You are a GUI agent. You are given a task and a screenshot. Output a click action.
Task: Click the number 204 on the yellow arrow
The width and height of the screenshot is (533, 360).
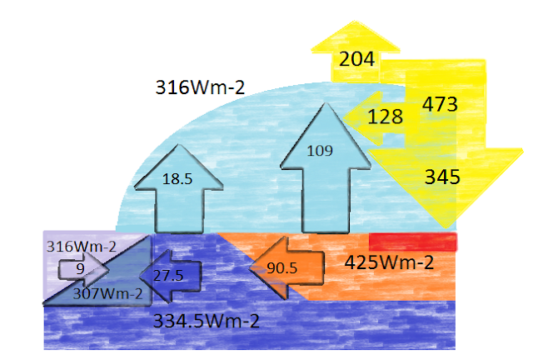(x=357, y=58)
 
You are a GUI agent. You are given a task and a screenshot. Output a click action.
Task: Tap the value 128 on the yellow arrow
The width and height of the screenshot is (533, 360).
(x=384, y=117)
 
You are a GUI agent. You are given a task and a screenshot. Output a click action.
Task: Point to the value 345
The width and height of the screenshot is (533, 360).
(x=441, y=176)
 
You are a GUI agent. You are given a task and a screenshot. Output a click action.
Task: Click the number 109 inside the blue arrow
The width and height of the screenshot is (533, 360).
(x=320, y=151)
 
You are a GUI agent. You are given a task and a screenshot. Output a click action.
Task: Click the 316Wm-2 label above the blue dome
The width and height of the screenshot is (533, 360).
(x=200, y=86)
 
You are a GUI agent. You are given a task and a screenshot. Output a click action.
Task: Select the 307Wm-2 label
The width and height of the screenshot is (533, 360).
(x=107, y=292)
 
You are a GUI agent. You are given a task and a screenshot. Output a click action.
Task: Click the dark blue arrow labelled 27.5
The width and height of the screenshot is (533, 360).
(x=171, y=275)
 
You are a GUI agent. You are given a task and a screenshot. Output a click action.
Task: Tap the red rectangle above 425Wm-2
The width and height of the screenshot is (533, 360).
(x=413, y=242)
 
